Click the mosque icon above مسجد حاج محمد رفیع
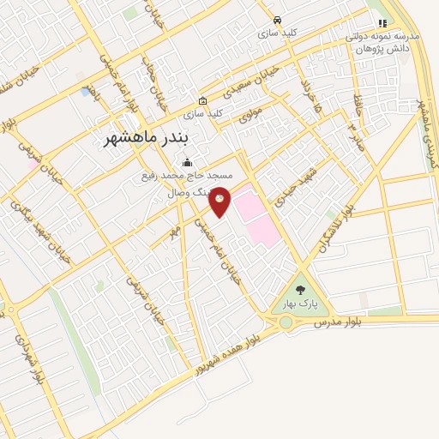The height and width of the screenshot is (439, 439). click(188, 163)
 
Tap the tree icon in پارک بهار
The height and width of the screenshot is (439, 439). click(300, 291)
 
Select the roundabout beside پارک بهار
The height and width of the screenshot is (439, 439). click(286, 322)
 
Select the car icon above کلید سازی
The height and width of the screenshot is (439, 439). click(276, 20)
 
